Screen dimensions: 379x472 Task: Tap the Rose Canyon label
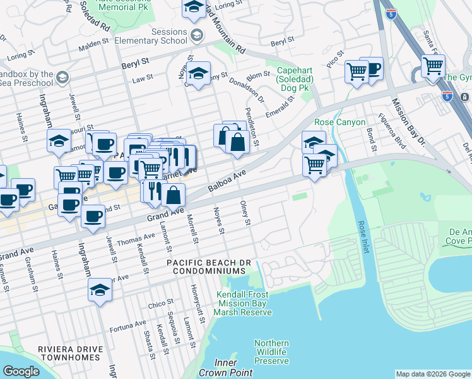tap(340, 122)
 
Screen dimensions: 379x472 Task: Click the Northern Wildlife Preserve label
tap(271, 352)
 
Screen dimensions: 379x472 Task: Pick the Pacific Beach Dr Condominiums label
tap(205, 267)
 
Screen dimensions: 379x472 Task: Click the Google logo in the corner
tap(21, 371)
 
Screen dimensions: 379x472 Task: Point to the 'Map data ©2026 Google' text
tap(432, 374)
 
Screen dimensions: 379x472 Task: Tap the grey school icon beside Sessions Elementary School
tap(197, 35)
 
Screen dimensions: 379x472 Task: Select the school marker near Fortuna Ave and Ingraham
tap(100, 290)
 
